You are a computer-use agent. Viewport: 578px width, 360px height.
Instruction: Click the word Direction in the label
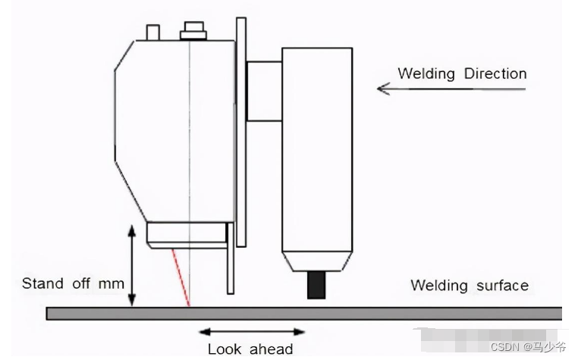pyautogui.click(x=489, y=74)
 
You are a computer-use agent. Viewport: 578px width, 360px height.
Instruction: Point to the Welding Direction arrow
pyautogui.click(x=451, y=89)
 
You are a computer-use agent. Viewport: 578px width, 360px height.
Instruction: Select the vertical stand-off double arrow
pyautogui.click(x=132, y=266)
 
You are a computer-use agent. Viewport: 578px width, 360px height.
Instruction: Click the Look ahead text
pyautogui.click(x=250, y=349)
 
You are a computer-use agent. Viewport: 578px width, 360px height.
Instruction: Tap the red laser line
pyautogui.click(x=181, y=277)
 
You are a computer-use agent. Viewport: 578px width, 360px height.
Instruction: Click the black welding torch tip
pyautogui.click(x=316, y=286)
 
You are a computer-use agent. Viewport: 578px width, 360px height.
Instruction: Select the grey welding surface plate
pyautogui.click(x=303, y=313)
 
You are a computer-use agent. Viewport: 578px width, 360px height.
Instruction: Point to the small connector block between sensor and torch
pyautogui.click(x=263, y=90)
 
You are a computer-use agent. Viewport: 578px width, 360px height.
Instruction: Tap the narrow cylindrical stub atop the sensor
pyautogui.click(x=153, y=32)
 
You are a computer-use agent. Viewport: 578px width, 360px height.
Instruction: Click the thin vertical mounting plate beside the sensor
pyautogui.click(x=240, y=129)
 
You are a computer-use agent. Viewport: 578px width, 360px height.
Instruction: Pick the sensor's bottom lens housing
pyautogui.click(x=186, y=234)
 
